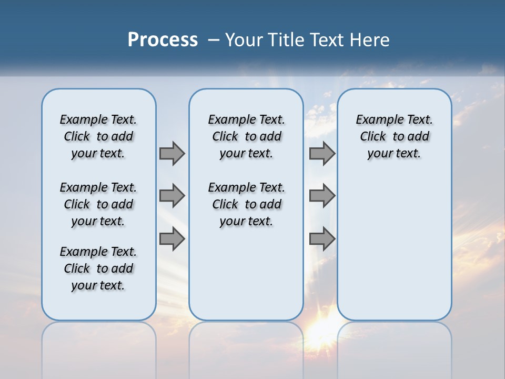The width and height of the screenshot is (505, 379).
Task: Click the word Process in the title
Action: [163, 40]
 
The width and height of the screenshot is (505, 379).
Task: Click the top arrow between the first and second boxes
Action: [172, 153]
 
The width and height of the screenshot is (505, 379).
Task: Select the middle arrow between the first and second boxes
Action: [172, 196]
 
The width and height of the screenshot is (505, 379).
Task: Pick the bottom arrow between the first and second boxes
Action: [172, 238]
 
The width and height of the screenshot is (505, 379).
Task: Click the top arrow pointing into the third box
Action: [322, 153]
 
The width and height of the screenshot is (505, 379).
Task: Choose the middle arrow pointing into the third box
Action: [322, 196]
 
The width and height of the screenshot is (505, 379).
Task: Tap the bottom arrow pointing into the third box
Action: [322, 238]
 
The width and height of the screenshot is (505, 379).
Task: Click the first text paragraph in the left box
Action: [98, 136]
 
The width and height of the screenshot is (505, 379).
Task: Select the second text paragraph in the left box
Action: [98, 204]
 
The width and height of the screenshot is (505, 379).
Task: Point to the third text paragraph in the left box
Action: [98, 268]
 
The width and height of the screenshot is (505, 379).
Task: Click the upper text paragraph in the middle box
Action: [246, 136]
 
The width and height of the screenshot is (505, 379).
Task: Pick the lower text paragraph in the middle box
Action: [246, 204]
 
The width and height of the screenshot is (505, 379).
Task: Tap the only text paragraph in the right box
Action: [394, 136]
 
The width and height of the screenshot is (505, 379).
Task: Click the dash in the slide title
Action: [213, 40]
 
